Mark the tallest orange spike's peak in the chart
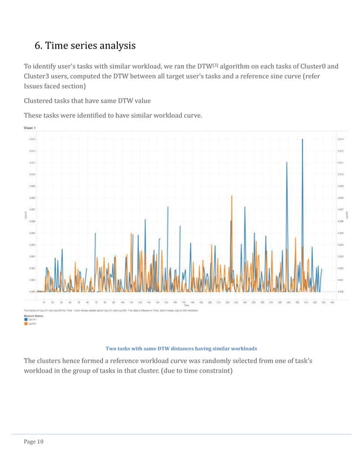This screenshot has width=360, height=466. click(232, 196)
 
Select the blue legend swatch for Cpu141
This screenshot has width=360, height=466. click(26, 319)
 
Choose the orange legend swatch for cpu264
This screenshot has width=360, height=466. click(26, 323)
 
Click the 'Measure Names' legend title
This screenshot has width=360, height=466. click(33, 315)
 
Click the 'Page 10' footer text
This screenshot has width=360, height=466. click(33, 442)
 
